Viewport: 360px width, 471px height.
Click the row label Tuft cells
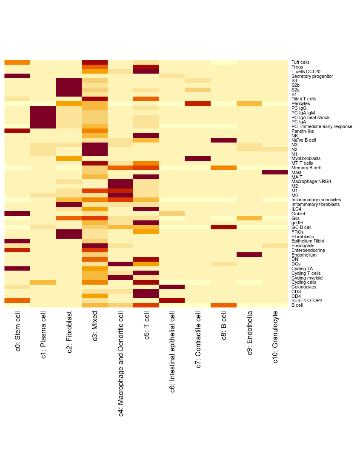coord(300,63)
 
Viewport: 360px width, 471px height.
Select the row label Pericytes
coord(300,104)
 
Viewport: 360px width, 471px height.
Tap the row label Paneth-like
coord(303,131)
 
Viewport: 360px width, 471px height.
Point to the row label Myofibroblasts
coord(306,159)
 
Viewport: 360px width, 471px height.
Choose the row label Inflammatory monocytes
coord(316,200)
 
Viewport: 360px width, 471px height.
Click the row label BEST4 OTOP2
coord(306,301)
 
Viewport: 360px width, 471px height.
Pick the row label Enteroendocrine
coord(308,250)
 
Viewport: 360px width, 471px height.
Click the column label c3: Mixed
coord(95,325)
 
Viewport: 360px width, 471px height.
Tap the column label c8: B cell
coord(224,326)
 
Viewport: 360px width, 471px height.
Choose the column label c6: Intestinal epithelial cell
coord(172,351)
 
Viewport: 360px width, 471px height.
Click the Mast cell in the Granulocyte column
coord(275,172)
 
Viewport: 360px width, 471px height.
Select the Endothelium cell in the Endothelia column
coord(249,255)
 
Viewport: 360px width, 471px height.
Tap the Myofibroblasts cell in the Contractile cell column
coord(197,159)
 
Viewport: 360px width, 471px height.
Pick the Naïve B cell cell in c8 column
coord(223,140)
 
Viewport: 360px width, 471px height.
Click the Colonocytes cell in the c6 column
coord(172,287)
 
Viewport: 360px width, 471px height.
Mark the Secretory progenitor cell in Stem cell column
coord(17,76)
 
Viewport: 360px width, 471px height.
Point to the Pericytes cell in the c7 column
coord(197,104)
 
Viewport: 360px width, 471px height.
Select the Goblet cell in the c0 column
coord(17,214)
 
